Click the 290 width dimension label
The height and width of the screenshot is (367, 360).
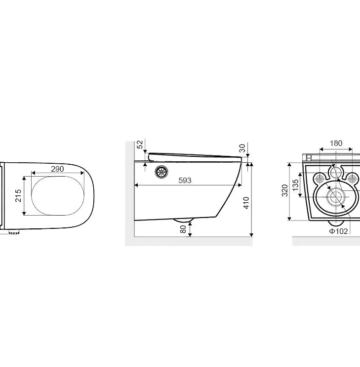[57, 169]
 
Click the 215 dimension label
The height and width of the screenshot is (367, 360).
[18, 195]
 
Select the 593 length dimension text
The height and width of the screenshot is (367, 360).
[185, 180]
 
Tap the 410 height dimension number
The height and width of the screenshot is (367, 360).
[246, 203]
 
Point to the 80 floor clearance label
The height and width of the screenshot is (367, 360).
[183, 229]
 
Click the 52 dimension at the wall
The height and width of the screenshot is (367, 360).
[140, 145]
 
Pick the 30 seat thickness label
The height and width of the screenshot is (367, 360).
[242, 148]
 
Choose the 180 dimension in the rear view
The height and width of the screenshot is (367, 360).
[336, 143]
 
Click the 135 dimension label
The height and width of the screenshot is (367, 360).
[295, 185]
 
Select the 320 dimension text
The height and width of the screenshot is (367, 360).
[284, 190]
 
